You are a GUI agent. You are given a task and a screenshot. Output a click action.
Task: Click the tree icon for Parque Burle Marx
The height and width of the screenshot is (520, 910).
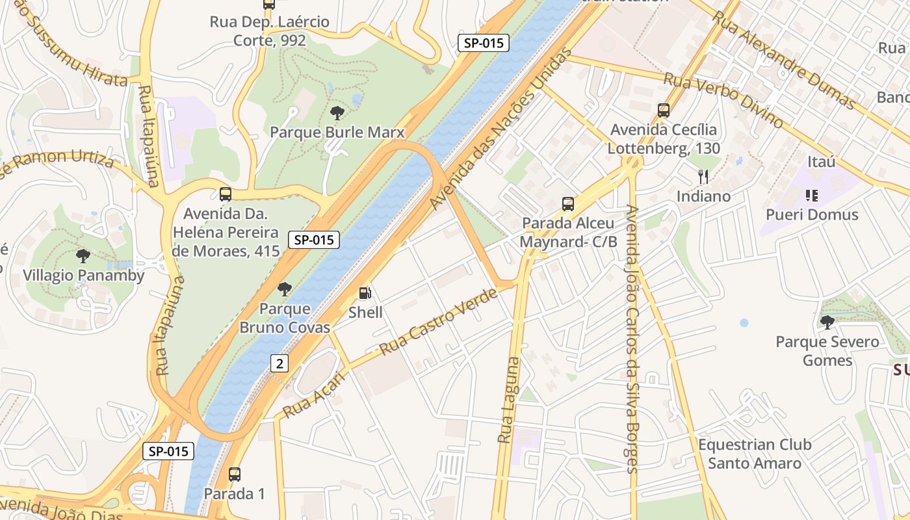(337, 113)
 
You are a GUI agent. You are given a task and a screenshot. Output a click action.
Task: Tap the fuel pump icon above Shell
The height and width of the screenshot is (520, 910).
(365, 293)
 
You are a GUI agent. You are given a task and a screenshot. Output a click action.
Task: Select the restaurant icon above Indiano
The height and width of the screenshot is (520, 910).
(703, 176)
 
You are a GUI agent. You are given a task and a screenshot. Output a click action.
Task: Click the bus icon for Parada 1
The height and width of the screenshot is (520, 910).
(234, 474)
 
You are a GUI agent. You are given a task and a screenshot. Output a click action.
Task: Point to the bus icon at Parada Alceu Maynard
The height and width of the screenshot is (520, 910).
(568, 204)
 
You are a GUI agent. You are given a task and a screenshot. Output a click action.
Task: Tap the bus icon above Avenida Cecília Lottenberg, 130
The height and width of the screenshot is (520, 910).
(663, 110)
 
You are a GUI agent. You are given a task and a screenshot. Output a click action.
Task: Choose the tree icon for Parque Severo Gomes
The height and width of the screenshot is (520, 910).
(827, 322)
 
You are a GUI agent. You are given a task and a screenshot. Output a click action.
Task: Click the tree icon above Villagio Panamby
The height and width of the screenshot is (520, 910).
(83, 256)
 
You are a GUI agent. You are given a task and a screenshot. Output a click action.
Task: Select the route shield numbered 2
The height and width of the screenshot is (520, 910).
(279, 363)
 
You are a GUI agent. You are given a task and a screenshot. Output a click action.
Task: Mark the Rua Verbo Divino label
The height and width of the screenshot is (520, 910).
(723, 99)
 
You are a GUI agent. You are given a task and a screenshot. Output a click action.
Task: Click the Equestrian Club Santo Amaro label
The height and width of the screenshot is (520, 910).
(754, 454)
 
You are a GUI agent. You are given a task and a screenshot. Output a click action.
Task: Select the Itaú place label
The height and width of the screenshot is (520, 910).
(821, 161)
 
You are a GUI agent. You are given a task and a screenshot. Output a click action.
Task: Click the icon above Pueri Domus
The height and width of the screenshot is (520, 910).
(811, 195)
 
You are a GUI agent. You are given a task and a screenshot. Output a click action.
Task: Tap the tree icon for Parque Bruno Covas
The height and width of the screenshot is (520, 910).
(284, 289)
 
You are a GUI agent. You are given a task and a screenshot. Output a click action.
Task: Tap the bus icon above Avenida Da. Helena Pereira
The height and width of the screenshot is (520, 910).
(225, 194)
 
